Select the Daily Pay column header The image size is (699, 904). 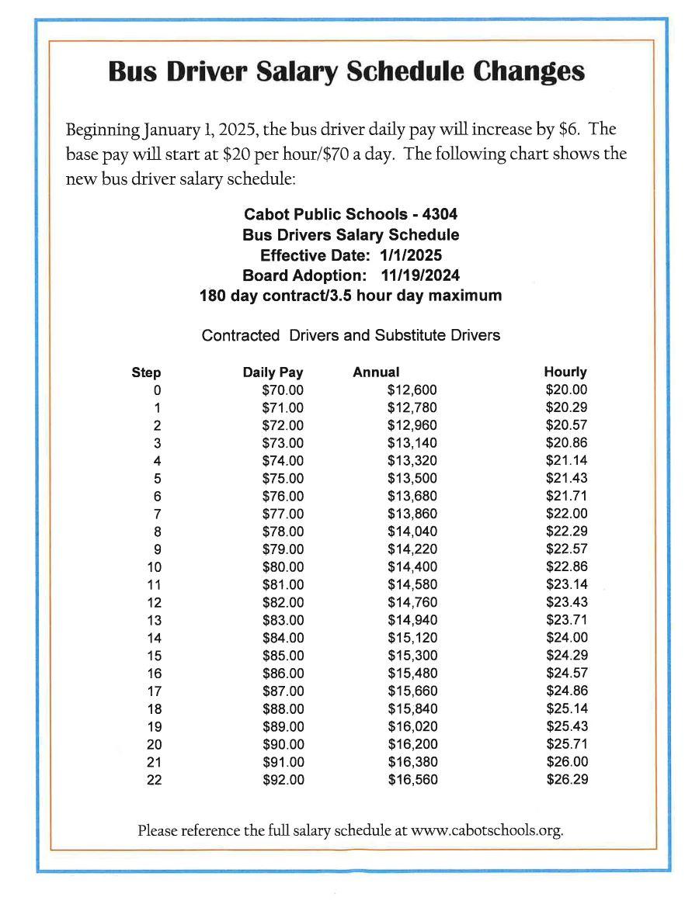(273, 372)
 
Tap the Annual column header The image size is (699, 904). (376, 372)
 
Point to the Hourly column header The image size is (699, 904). (565, 372)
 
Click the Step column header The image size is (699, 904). (146, 373)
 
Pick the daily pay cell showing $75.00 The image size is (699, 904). (283, 479)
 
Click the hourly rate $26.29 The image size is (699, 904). (567, 779)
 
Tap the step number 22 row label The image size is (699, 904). (154, 780)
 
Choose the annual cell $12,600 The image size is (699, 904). (412, 390)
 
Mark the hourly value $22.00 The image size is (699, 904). (567, 514)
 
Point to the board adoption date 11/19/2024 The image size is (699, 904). (420, 275)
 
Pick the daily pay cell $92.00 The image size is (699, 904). (283, 780)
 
